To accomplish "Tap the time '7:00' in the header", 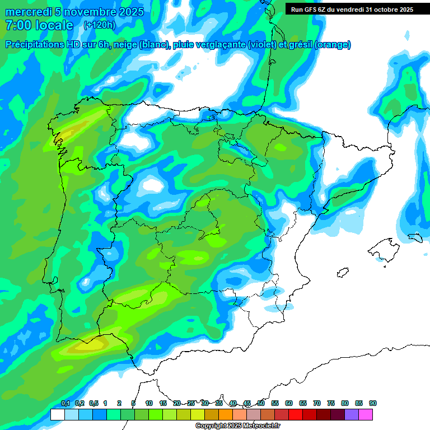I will [x=17, y=25].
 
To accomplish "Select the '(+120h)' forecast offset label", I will [x=99, y=25].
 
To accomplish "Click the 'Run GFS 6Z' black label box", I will [x=350, y=9].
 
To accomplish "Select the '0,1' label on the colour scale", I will [x=66, y=404].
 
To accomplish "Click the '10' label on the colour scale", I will [x=149, y=404].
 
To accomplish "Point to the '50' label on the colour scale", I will [x=261, y=404].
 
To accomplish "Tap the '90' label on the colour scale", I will [x=373, y=404].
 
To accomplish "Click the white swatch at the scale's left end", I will [x=57, y=414].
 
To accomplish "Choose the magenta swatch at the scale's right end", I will [x=381, y=414].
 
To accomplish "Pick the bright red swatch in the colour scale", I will [x=296, y=414].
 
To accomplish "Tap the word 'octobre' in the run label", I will [x=385, y=9].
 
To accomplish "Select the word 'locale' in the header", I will [x=54, y=25].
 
